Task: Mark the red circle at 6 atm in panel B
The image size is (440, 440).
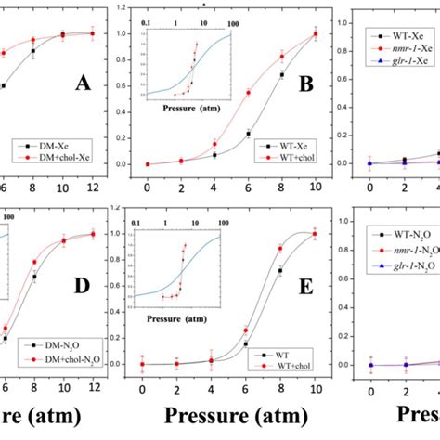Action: coord(247,92)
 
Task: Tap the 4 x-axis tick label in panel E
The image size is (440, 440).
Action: coord(213,381)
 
